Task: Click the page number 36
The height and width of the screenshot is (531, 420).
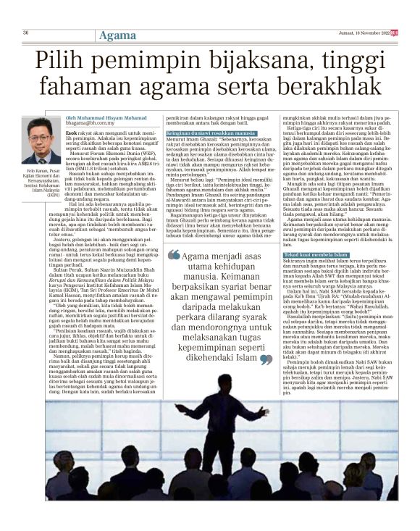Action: [x=25, y=33]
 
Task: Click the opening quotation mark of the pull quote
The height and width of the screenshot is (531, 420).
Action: [x=173, y=255]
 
